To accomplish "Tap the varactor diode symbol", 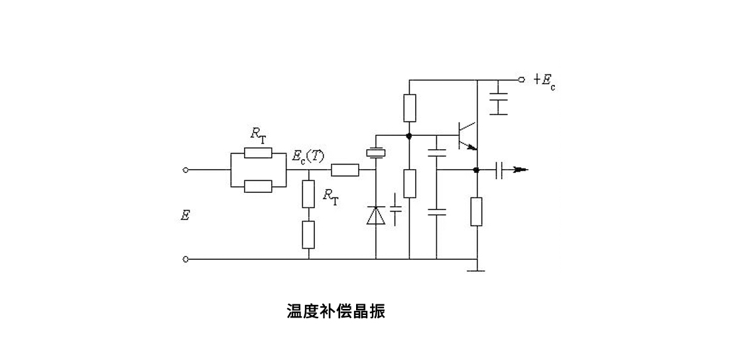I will (376, 215).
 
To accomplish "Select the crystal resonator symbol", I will (376, 153).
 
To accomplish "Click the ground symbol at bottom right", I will (476, 269).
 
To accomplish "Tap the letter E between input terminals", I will (186, 215).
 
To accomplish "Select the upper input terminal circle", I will (186, 170).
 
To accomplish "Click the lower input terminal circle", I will (186, 259).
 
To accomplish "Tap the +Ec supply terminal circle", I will (521, 79).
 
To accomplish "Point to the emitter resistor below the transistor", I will (476, 211).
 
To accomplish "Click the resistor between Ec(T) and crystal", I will (345, 170).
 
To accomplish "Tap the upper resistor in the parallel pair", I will (258, 154).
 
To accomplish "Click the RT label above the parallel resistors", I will (259, 135).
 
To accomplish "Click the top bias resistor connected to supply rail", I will (410, 108).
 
